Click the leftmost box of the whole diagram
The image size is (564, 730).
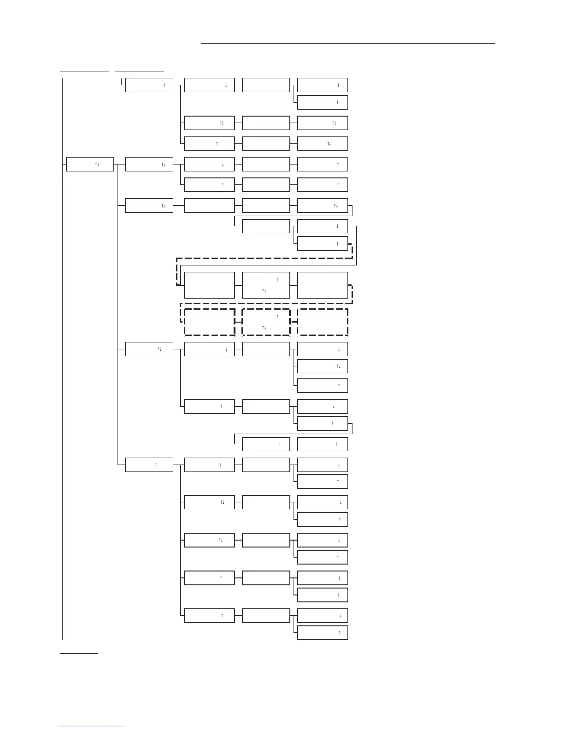coord(90,164)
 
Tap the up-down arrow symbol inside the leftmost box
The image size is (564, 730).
coord(97,164)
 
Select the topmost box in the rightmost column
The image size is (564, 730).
coord(323,85)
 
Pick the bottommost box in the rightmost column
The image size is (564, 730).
coord(323,633)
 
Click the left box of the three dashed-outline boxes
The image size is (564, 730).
coord(209,322)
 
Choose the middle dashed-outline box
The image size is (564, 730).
coord(266,322)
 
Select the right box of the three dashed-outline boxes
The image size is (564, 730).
coord(323,322)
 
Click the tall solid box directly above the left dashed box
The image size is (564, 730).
coord(209,285)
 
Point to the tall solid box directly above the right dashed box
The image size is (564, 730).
coord(323,285)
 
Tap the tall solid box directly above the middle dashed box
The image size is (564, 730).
coord(266,285)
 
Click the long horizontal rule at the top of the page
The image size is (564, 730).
coord(347,44)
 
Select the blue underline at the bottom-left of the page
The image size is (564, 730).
coord(91,726)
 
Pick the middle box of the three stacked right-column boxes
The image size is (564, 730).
coord(323,366)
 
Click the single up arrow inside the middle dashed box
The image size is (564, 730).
coord(277,317)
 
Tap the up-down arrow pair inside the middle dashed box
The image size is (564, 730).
coord(264,327)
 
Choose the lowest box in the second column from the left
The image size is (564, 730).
coord(149,465)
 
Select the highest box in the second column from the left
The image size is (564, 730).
coord(149,85)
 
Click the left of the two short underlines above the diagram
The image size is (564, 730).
coord(84,71)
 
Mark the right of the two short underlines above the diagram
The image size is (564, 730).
coord(139,71)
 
